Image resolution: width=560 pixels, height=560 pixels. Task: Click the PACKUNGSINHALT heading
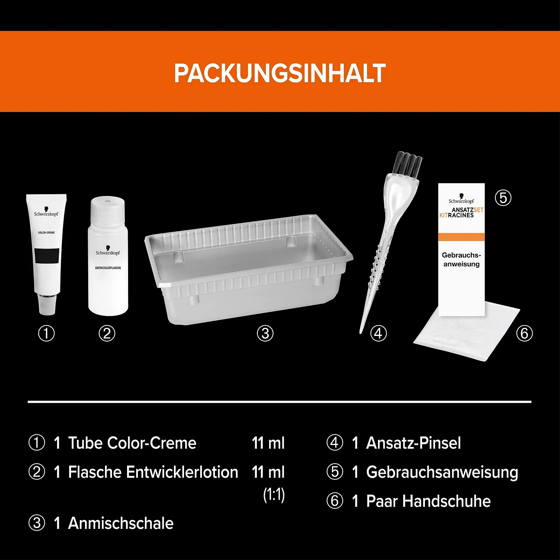[280, 73]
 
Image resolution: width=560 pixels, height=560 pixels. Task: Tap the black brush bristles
[407, 164]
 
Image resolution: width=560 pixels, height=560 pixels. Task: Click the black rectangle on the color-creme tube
[47, 256]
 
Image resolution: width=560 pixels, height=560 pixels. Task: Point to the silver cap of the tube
[47, 304]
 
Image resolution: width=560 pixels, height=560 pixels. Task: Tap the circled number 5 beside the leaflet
[503, 198]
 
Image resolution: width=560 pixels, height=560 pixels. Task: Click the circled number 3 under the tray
[265, 333]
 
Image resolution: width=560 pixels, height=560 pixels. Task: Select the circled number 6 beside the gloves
[524, 333]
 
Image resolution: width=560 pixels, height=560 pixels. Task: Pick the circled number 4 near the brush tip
[378, 333]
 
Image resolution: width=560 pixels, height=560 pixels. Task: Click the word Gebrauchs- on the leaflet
[461, 255]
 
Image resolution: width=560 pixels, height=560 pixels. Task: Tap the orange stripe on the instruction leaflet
[461, 237]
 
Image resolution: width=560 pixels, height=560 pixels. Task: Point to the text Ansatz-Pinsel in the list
[413, 443]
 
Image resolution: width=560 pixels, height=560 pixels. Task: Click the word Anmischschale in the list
[121, 523]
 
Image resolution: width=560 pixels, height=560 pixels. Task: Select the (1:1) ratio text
[274, 495]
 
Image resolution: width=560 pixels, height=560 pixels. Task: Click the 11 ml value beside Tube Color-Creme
[268, 443]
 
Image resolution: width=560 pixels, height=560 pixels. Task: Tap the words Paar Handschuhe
[428, 501]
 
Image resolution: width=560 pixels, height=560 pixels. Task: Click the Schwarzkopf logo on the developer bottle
[108, 251]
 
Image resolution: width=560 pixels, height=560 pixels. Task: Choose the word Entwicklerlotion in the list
[182, 472]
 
